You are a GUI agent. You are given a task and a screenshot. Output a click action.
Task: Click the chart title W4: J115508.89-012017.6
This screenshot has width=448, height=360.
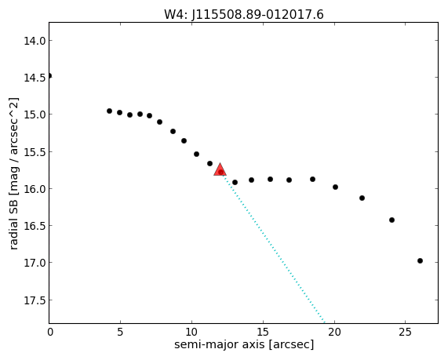point(244,14)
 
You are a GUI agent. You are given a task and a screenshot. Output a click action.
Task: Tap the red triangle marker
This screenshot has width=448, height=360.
point(220,169)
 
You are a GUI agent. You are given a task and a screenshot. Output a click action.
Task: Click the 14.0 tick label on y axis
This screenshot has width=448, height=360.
point(35,41)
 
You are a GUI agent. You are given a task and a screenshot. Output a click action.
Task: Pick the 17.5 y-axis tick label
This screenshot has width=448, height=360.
point(35,300)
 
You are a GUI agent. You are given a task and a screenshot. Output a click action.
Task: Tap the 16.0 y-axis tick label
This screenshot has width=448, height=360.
point(35,189)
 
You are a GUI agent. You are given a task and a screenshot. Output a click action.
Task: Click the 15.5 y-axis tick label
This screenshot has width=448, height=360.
point(35,152)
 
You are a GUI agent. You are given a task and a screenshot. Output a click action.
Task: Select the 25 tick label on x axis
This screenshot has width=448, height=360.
point(405,332)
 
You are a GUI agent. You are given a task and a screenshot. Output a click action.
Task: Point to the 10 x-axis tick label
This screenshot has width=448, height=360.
point(191,332)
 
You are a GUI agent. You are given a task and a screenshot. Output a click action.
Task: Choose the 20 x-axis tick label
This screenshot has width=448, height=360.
point(334,332)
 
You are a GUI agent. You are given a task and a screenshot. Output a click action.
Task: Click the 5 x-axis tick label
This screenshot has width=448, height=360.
point(120,332)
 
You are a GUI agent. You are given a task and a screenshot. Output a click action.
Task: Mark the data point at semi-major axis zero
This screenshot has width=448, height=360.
point(49,76)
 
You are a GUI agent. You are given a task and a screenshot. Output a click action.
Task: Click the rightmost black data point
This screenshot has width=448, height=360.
point(420,260)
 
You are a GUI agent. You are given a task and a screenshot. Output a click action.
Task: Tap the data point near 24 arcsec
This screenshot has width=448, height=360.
point(392,220)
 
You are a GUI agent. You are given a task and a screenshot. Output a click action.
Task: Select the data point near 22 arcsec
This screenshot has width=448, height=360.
point(362,198)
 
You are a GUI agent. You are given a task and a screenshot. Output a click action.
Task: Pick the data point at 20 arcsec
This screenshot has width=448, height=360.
point(336,187)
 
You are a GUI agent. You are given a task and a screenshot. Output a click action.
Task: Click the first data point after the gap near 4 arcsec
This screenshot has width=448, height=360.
point(109,111)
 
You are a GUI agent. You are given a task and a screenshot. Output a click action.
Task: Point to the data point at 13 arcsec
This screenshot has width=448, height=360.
point(235,182)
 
